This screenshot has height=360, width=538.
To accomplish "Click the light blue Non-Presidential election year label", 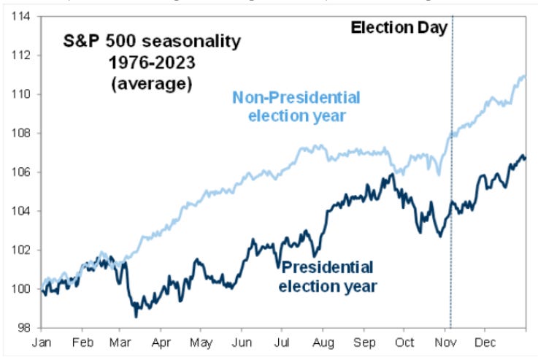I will click(x=298, y=107).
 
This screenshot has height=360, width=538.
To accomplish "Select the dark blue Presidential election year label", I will click(x=328, y=276).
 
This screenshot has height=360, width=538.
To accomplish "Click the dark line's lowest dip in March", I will click(x=136, y=315).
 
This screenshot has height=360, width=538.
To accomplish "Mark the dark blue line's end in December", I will click(x=524, y=158).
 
